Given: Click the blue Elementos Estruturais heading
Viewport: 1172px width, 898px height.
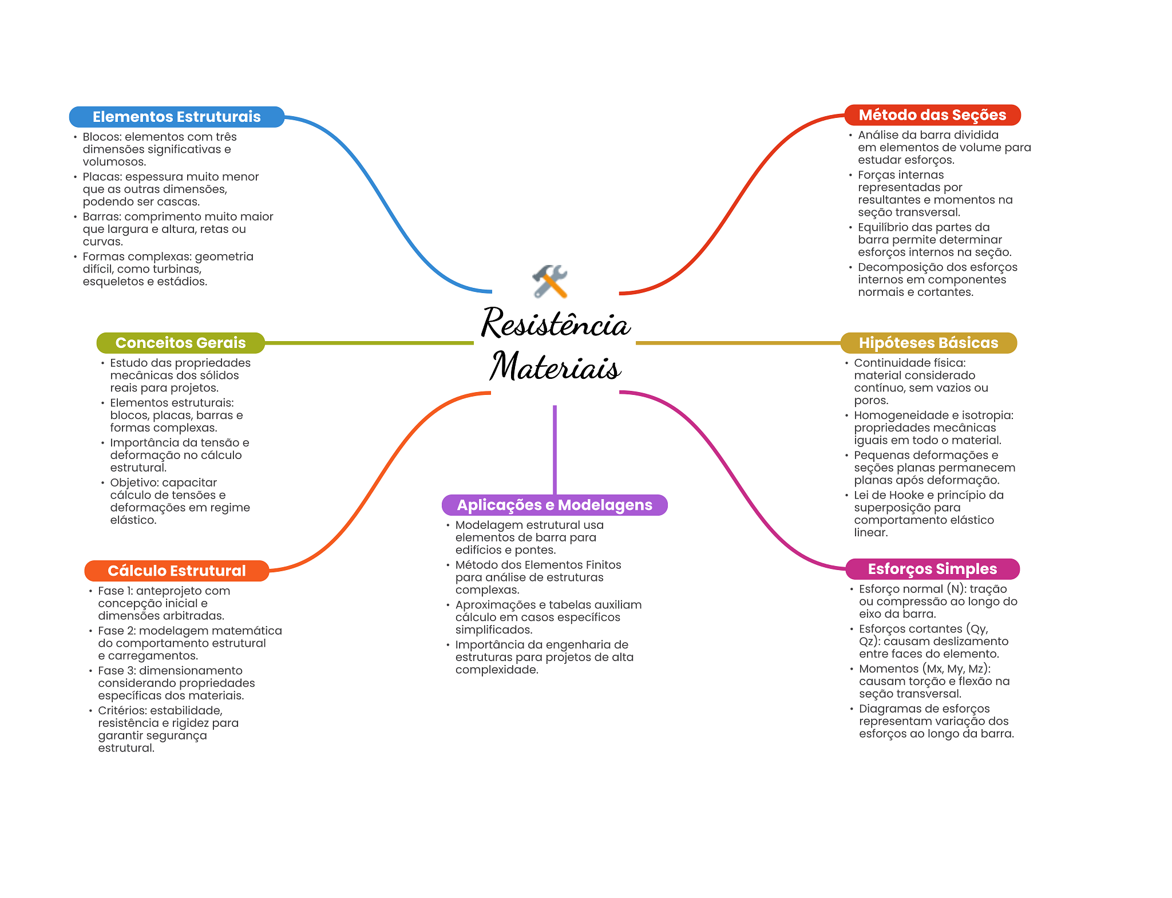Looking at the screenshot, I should [x=176, y=117].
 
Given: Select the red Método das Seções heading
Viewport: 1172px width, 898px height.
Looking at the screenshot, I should [x=932, y=115].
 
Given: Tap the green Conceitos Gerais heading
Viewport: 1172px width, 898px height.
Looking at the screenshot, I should [x=180, y=343].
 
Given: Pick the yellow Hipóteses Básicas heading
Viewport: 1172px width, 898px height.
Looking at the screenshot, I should [x=928, y=343].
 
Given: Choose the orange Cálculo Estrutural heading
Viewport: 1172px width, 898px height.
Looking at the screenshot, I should [x=176, y=571].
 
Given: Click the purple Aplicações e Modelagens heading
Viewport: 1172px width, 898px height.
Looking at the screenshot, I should [x=554, y=505].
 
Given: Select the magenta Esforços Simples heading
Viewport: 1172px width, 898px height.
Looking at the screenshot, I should [x=932, y=569].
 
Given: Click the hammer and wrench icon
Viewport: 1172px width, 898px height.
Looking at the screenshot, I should [x=550, y=281].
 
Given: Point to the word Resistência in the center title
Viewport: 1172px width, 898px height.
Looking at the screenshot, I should [x=556, y=323].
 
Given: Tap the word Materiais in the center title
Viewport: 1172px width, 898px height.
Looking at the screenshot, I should [x=555, y=366].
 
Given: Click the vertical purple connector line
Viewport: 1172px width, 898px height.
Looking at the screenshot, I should [x=555, y=449].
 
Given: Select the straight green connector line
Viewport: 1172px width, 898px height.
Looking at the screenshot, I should [x=369, y=343].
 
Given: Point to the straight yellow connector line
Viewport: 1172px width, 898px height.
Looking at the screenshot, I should [x=738, y=343].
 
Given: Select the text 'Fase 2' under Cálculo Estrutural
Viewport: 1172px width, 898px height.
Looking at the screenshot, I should [x=116, y=631].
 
